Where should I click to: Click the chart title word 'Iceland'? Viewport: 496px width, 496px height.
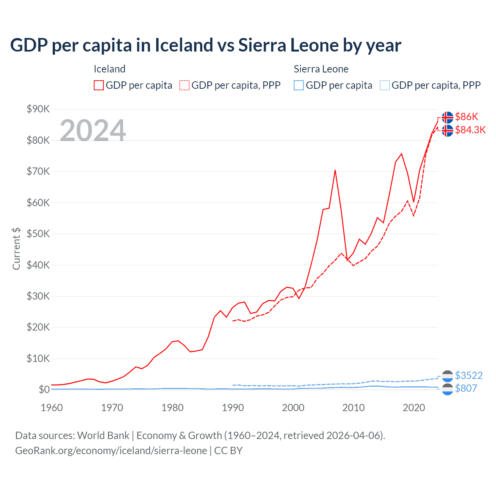point(184,45)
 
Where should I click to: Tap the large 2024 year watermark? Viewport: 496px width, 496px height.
point(93,131)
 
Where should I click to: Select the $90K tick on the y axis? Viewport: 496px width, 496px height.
point(38,109)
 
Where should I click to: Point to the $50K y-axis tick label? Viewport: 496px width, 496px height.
point(38,234)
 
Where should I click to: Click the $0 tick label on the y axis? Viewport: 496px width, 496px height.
point(44,389)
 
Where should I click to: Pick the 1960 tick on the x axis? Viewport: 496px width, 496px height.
point(52,408)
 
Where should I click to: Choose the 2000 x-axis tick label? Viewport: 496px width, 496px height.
point(293,408)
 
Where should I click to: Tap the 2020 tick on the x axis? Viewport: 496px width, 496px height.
point(414,408)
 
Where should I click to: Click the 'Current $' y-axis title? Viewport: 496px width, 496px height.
point(16,248)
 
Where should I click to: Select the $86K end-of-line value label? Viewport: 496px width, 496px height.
point(467,117)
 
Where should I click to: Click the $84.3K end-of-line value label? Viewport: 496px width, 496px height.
point(470,130)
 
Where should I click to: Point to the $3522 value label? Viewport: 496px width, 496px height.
point(468,375)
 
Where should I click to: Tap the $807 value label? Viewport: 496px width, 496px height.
point(466,388)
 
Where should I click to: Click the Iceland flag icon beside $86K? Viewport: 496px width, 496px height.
point(448,117)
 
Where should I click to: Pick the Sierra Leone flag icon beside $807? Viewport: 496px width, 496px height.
point(448,389)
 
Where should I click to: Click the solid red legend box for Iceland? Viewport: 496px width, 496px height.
point(99,85)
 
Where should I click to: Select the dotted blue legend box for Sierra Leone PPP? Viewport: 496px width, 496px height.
point(385,85)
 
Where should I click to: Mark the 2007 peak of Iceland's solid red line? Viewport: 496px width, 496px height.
point(335,170)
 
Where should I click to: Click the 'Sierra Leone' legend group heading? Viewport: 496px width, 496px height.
point(321,69)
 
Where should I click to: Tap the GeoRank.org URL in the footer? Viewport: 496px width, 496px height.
point(111,451)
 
